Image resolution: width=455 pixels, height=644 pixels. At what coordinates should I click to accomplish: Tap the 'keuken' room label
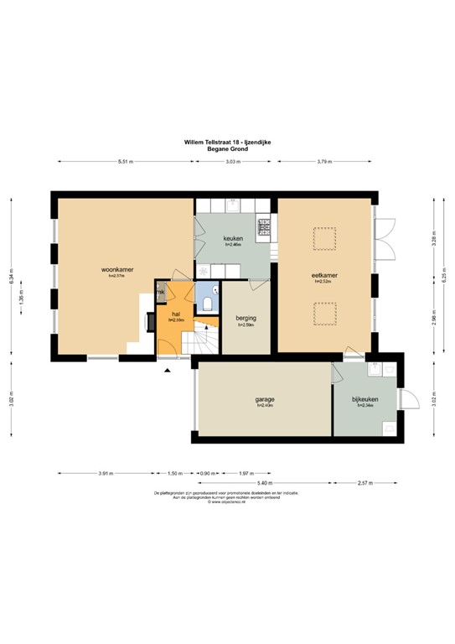(x=232, y=239)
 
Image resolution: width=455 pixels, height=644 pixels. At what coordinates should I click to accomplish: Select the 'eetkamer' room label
(x=323, y=276)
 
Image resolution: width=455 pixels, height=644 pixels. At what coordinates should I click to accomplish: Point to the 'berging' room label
(x=246, y=319)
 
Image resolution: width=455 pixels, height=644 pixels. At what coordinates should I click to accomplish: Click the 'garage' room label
(x=265, y=399)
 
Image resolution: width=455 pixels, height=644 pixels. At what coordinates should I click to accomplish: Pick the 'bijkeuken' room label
(x=365, y=399)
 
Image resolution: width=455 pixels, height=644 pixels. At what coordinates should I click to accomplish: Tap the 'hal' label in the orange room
(x=176, y=314)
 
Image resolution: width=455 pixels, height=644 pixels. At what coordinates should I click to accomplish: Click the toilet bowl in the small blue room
(x=207, y=300)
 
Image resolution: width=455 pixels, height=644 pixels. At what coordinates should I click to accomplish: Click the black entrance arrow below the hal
(x=168, y=370)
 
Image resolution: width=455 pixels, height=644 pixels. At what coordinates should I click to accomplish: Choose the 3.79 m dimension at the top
(x=325, y=161)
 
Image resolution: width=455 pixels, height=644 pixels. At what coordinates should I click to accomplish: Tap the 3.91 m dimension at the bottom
(x=105, y=473)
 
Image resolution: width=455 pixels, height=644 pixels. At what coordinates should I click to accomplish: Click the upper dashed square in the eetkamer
(x=323, y=239)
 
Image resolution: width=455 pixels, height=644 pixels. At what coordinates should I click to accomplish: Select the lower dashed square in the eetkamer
(x=323, y=316)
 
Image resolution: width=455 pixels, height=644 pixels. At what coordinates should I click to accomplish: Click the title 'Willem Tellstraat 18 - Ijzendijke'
(x=227, y=143)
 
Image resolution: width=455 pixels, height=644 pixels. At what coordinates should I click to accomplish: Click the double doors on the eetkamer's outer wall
(x=385, y=240)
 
